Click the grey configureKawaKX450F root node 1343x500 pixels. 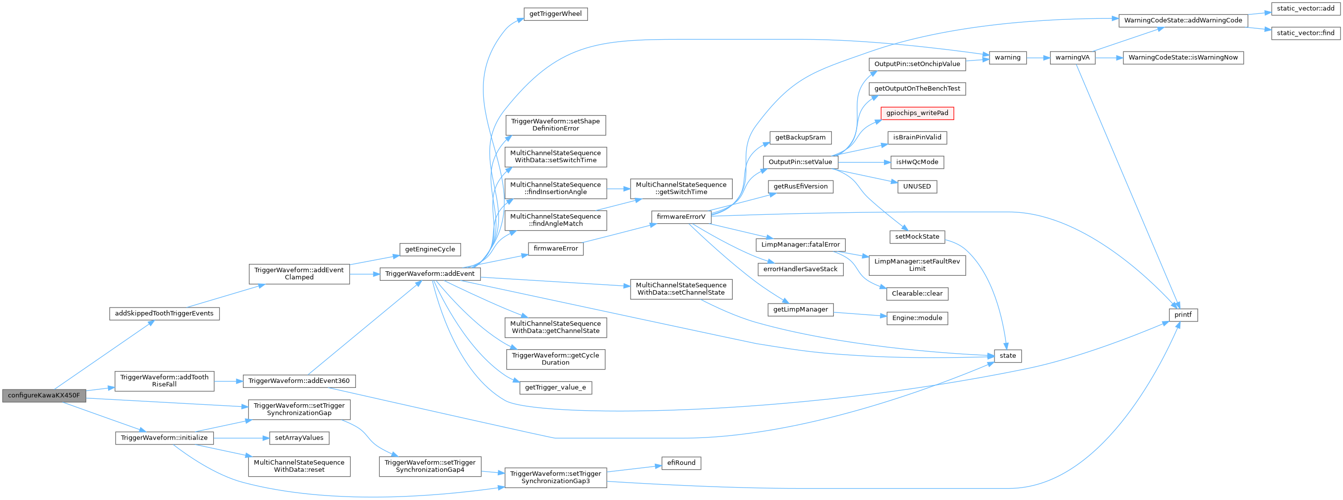[44, 395]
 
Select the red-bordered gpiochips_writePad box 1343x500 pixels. [917, 113]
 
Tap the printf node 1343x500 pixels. [1183, 315]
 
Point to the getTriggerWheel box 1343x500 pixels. [555, 14]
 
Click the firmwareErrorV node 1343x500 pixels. [681, 217]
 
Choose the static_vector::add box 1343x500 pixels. [1305, 8]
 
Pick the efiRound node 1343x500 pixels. [681, 463]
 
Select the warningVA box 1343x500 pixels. [1072, 58]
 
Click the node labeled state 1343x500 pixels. [1007, 356]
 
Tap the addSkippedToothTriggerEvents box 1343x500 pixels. [164, 313]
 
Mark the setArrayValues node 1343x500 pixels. [299, 438]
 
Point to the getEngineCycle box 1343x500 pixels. [430, 249]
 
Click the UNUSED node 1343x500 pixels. [917, 187]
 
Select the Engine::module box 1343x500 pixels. [917, 318]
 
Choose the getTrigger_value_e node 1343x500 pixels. [555, 387]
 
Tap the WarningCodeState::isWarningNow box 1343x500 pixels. [1182, 58]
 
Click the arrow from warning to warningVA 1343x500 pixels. [1038, 58]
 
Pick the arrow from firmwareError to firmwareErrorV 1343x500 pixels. [618, 233]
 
